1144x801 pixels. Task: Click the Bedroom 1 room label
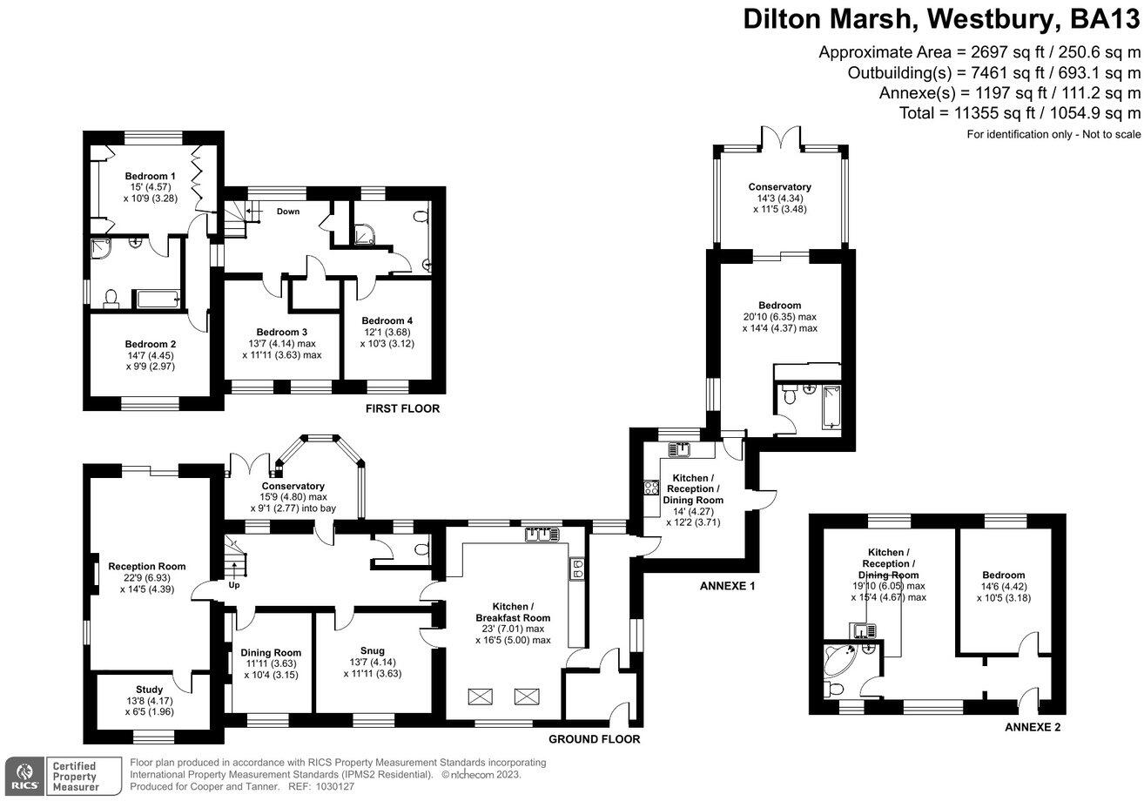(x=149, y=176)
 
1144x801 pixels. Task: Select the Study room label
(x=149, y=690)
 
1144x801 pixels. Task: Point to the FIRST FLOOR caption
(x=402, y=408)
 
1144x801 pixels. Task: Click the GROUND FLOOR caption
(x=594, y=739)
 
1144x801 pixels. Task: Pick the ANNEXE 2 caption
(x=1032, y=727)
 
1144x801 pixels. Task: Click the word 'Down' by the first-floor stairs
(x=289, y=211)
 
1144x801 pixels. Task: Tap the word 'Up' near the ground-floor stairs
(x=234, y=585)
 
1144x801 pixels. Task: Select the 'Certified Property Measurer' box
(x=84, y=775)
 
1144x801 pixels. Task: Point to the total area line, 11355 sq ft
(x=1020, y=113)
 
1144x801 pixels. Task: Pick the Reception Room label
(x=147, y=566)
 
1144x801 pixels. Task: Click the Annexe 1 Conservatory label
(x=779, y=186)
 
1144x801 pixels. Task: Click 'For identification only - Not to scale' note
(x=1053, y=134)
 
